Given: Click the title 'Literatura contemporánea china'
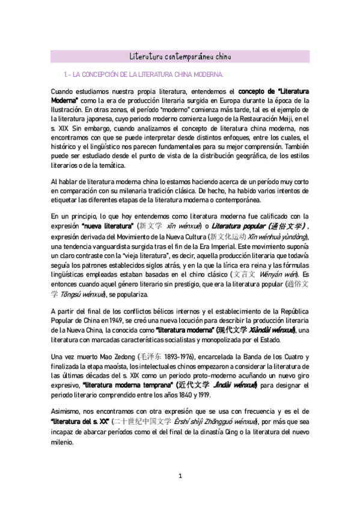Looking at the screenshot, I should click(x=180, y=57).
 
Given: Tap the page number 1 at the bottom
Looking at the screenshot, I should click(x=180, y=476).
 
